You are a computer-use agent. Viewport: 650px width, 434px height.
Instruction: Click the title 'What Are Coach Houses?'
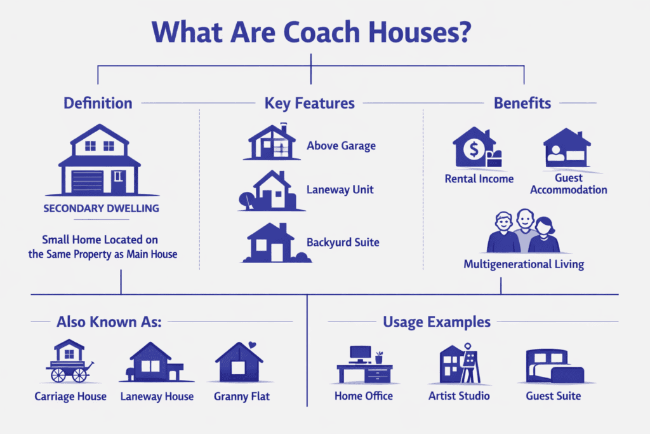(310, 32)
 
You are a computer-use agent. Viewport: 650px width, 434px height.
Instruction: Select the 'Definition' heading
(98, 103)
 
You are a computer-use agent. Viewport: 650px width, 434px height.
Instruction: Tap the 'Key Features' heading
(310, 103)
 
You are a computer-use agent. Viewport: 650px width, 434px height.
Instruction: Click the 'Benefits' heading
(522, 103)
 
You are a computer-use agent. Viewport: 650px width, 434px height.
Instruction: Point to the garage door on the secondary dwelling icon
(88, 181)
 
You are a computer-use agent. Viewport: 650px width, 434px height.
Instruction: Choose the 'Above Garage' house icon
(270, 142)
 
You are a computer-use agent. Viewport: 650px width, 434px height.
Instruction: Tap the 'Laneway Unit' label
(340, 189)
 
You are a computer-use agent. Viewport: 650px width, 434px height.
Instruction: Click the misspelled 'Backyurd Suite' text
(343, 242)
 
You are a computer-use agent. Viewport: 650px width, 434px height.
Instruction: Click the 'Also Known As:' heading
(109, 322)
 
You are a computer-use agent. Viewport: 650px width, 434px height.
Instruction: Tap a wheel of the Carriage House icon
(58, 376)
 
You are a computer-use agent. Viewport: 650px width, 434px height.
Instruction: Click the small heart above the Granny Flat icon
(252, 346)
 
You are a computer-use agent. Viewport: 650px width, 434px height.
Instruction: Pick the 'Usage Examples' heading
(437, 322)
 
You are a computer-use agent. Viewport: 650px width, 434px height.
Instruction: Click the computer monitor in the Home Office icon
(360, 353)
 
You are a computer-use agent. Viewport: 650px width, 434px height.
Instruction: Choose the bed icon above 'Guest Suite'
(554, 367)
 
